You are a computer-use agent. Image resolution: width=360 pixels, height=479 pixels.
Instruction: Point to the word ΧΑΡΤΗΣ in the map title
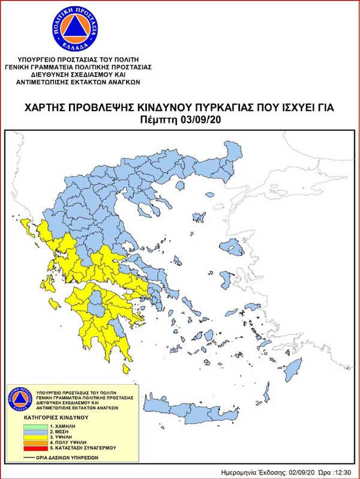pyautogui.click(x=46, y=108)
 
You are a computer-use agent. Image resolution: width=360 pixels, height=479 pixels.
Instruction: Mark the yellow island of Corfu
pyautogui.click(x=26, y=224)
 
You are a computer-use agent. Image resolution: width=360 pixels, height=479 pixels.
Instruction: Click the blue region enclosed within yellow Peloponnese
pyautogui.click(x=94, y=309)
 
